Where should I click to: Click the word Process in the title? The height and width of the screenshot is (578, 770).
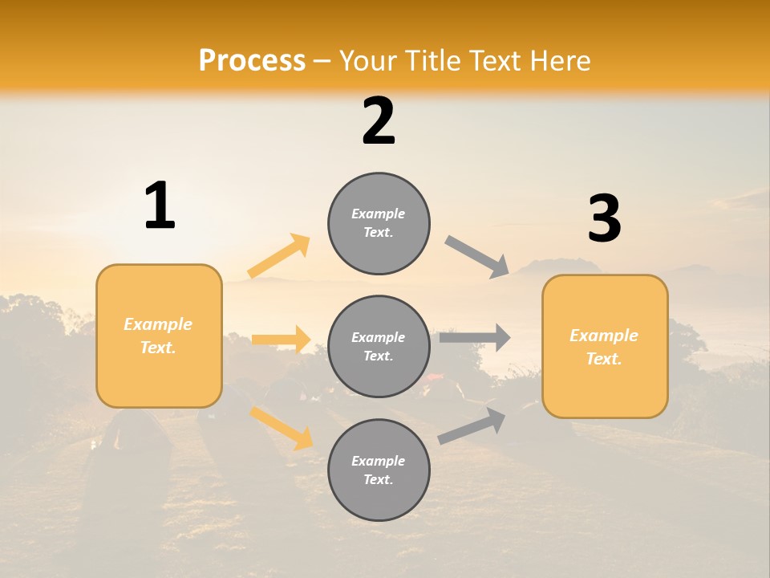[x=252, y=61]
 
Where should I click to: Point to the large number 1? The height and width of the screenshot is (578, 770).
[x=160, y=206]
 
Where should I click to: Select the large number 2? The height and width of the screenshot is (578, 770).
[x=379, y=121]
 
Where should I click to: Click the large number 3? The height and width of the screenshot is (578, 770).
[x=604, y=219]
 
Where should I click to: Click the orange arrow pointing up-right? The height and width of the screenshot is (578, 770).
[x=279, y=256]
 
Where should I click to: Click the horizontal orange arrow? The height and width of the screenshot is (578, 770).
[x=281, y=340]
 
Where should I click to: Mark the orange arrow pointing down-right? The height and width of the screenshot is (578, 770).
[x=281, y=427]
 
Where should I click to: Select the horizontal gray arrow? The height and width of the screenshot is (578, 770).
[x=475, y=338]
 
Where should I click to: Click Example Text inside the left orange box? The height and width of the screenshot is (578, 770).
[x=158, y=336]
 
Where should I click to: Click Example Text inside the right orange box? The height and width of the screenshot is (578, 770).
[x=604, y=347]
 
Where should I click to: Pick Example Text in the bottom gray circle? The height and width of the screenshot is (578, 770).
[x=379, y=470]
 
